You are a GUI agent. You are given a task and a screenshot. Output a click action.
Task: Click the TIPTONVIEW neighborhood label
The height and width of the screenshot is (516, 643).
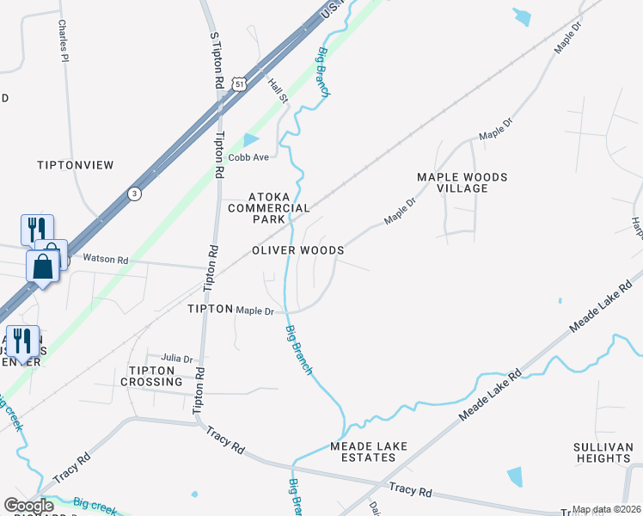pyautogui.click(x=76, y=164)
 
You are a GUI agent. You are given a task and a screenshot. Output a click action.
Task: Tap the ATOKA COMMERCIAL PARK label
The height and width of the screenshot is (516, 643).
pyautogui.click(x=267, y=207)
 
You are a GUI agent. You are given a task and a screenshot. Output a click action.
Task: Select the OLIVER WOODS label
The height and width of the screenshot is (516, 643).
pyautogui.click(x=298, y=250)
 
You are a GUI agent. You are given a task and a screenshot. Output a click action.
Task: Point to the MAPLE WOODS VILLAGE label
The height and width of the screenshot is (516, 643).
pyautogui.click(x=462, y=182)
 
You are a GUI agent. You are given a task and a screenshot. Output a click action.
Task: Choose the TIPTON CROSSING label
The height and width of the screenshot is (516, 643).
pyautogui.click(x=156, y=376)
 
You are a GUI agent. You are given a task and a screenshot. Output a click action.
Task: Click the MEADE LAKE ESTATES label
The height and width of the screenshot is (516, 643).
pyautogui.click(x=369, y=451)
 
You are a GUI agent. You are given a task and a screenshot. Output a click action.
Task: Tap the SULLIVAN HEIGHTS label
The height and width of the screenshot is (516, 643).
pyautogui.click(x=603, y=452)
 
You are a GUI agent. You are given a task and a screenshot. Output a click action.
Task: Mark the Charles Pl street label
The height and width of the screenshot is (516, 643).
pyautogui.click(x=63, y=41)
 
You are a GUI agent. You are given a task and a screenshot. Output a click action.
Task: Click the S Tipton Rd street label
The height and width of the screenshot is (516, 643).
pyautogui.click(x=217, y=59)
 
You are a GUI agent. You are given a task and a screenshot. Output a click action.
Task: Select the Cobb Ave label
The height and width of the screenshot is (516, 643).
pyautogui.click(x=248, y=157)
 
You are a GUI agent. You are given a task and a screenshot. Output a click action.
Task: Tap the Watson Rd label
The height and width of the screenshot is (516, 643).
pyautogui.click(x=105, y=258)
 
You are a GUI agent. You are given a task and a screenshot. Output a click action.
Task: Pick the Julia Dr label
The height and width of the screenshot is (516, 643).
pyautogui.click(x=177, y=359)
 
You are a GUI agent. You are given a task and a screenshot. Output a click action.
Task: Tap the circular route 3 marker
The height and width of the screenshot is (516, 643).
pyautogui.click(x=135, y=193)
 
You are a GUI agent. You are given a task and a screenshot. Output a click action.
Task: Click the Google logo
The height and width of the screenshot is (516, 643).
pyautogui.click(x=29, y=506)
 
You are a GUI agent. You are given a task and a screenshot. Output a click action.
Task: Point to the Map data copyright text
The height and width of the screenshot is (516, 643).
pyautogui.click(x=606, y=509)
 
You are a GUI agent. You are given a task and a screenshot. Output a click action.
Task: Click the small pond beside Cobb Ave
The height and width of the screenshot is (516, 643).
pyautogui.click(x=250, y=139)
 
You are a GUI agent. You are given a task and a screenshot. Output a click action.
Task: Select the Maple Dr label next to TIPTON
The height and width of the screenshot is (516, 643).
pyautogui.click(x=255, y=310)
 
